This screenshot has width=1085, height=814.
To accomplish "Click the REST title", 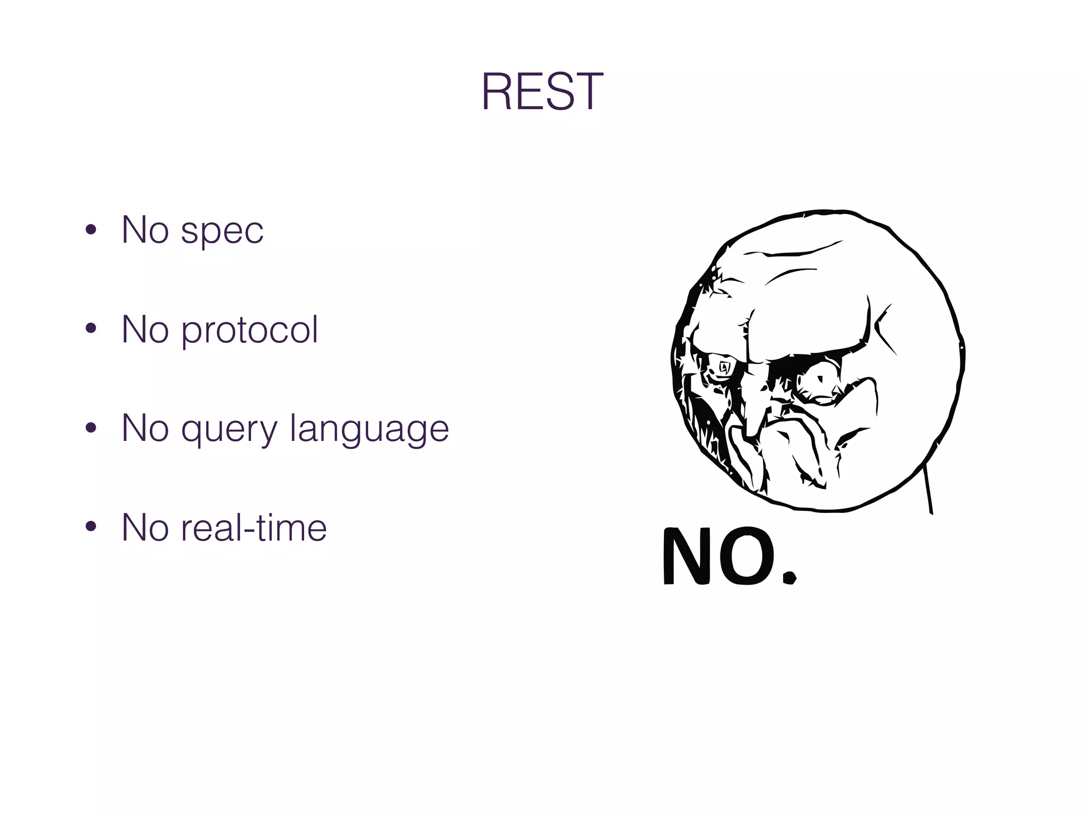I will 541,92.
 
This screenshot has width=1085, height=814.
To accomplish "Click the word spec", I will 222,231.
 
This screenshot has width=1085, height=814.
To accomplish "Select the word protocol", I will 250,331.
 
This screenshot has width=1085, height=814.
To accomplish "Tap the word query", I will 229,430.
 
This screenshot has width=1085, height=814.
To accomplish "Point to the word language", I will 370,430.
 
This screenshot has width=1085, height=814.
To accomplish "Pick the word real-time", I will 254,528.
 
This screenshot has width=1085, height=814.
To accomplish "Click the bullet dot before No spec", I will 91,230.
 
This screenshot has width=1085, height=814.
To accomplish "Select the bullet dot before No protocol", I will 91,329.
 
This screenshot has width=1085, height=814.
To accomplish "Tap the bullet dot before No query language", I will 91,428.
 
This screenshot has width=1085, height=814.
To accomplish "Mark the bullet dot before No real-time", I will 91,527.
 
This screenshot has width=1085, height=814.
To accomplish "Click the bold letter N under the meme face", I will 688,556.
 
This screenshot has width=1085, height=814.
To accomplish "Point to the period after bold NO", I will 789,576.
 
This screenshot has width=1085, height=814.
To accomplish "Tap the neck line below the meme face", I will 928,490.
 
